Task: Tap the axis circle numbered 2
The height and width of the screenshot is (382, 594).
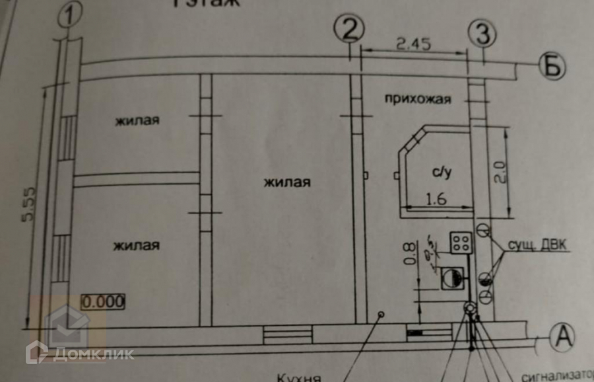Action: tap(349, 28)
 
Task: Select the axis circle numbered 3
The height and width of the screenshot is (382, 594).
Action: tap(482, 32)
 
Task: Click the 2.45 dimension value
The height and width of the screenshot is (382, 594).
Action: tap(414, 45)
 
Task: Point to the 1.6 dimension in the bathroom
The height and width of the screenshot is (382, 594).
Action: tap(438, 198)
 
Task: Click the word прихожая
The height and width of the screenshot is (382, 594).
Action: tap(417, 100)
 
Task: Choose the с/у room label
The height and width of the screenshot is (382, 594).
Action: tap(442, 173)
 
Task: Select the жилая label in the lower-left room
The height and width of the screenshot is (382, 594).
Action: tap(136, 245)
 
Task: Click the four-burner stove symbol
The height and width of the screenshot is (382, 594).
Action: tap(459, 241)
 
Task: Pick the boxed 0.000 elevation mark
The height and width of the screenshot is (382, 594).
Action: tap(103, 302)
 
